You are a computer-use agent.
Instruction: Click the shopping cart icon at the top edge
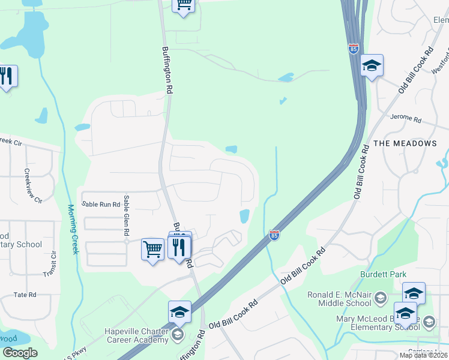pyautogui.click(x=184, y=5)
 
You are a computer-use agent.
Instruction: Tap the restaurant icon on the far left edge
pyautogui.click(x=7, y=76)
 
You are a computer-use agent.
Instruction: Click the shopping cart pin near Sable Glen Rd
pyautogui.click(x=152, y=248)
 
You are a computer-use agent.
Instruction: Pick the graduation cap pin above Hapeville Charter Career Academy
pyautogui.click(x=179, y=312)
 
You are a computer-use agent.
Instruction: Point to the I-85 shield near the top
pyautogui.click(x=354, y=49)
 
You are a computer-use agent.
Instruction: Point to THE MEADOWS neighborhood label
pyautogui.click(x=405, y=143)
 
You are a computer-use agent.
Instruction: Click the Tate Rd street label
pyautogui.click(x=25, y=295)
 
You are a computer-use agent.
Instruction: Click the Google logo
pyautogui.click(x=19, y=353)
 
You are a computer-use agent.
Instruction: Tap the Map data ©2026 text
pyautogui.click(x=423, y=355)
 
